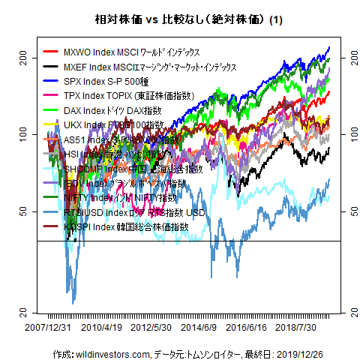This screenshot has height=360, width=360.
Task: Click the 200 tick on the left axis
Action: point(22,56)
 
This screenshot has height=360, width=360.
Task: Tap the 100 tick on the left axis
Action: point(22,133)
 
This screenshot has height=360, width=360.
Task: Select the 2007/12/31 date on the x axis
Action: point(46,328)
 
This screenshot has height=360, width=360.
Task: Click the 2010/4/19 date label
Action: point(102,328)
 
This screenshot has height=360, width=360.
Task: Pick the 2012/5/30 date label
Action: point(151,328)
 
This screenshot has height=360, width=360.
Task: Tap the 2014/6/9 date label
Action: point(199,328)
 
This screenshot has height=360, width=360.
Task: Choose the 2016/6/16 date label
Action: point(247,328)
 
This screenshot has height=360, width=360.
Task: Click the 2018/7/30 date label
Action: point(297,328)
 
